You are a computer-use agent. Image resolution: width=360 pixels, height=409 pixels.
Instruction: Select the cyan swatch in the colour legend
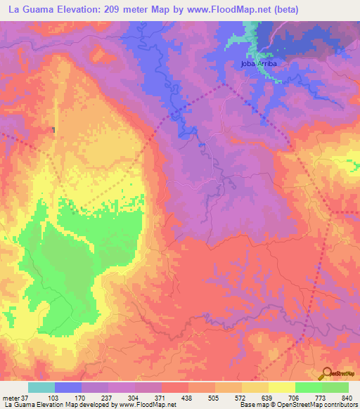click(x=41, y=387)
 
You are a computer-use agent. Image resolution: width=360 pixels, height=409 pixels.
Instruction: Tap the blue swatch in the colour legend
click(x=68, y=387)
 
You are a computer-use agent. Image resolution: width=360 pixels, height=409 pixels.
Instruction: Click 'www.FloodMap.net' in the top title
click(x=224, y=10)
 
